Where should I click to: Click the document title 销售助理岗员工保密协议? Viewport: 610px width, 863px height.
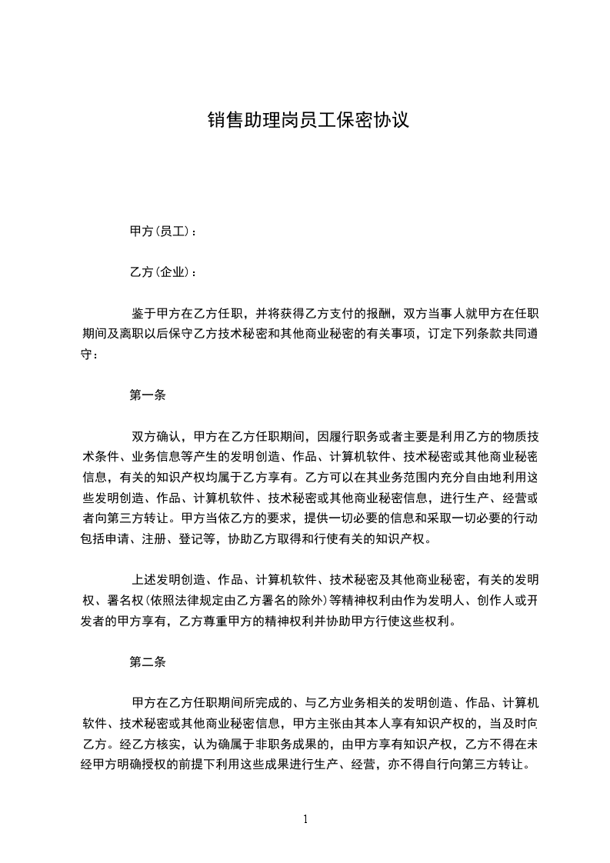307,121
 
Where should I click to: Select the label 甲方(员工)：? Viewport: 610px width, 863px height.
163,231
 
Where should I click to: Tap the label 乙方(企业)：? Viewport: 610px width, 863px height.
163,272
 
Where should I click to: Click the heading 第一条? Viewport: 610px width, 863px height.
148,396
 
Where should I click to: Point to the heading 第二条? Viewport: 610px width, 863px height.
148,661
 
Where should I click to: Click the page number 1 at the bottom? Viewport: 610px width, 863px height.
305,818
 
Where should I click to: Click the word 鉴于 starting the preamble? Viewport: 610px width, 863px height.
144,314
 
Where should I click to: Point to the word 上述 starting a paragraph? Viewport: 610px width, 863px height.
144,580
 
